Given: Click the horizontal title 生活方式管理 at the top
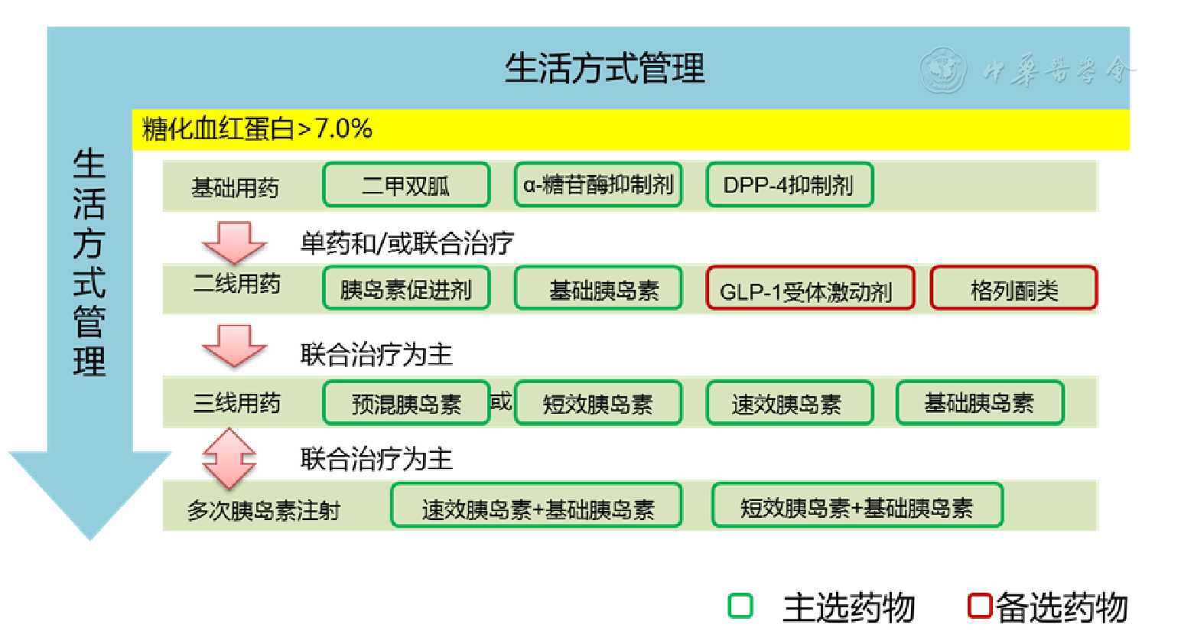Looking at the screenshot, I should coord(604,68).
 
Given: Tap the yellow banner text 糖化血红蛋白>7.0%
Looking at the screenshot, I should coord(257,128).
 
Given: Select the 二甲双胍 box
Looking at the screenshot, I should coord(406,185).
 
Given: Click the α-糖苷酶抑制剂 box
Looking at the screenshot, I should coord(598,185).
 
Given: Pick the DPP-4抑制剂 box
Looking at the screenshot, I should coord(789,185).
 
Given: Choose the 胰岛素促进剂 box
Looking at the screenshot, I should coord(406,289).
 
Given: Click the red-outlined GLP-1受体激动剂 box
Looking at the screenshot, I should coord(809,289).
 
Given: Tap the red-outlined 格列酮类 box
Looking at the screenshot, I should coord(1013,289).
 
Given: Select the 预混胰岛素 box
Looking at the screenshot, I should coord(406,403).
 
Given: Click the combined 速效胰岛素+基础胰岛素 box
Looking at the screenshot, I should coord(537,506).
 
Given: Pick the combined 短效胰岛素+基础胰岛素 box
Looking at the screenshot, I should coord(857,506).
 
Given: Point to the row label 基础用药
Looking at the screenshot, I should coord(235,187).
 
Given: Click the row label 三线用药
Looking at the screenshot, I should coord(236,403).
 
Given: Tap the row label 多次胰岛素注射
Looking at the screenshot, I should coord(263,509).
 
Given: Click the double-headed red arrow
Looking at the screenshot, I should coord(229,458).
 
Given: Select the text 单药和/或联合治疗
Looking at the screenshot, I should coord(406,243).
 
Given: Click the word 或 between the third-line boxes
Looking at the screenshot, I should coord(501,402).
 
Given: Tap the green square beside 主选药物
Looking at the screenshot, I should coord(740,606).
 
